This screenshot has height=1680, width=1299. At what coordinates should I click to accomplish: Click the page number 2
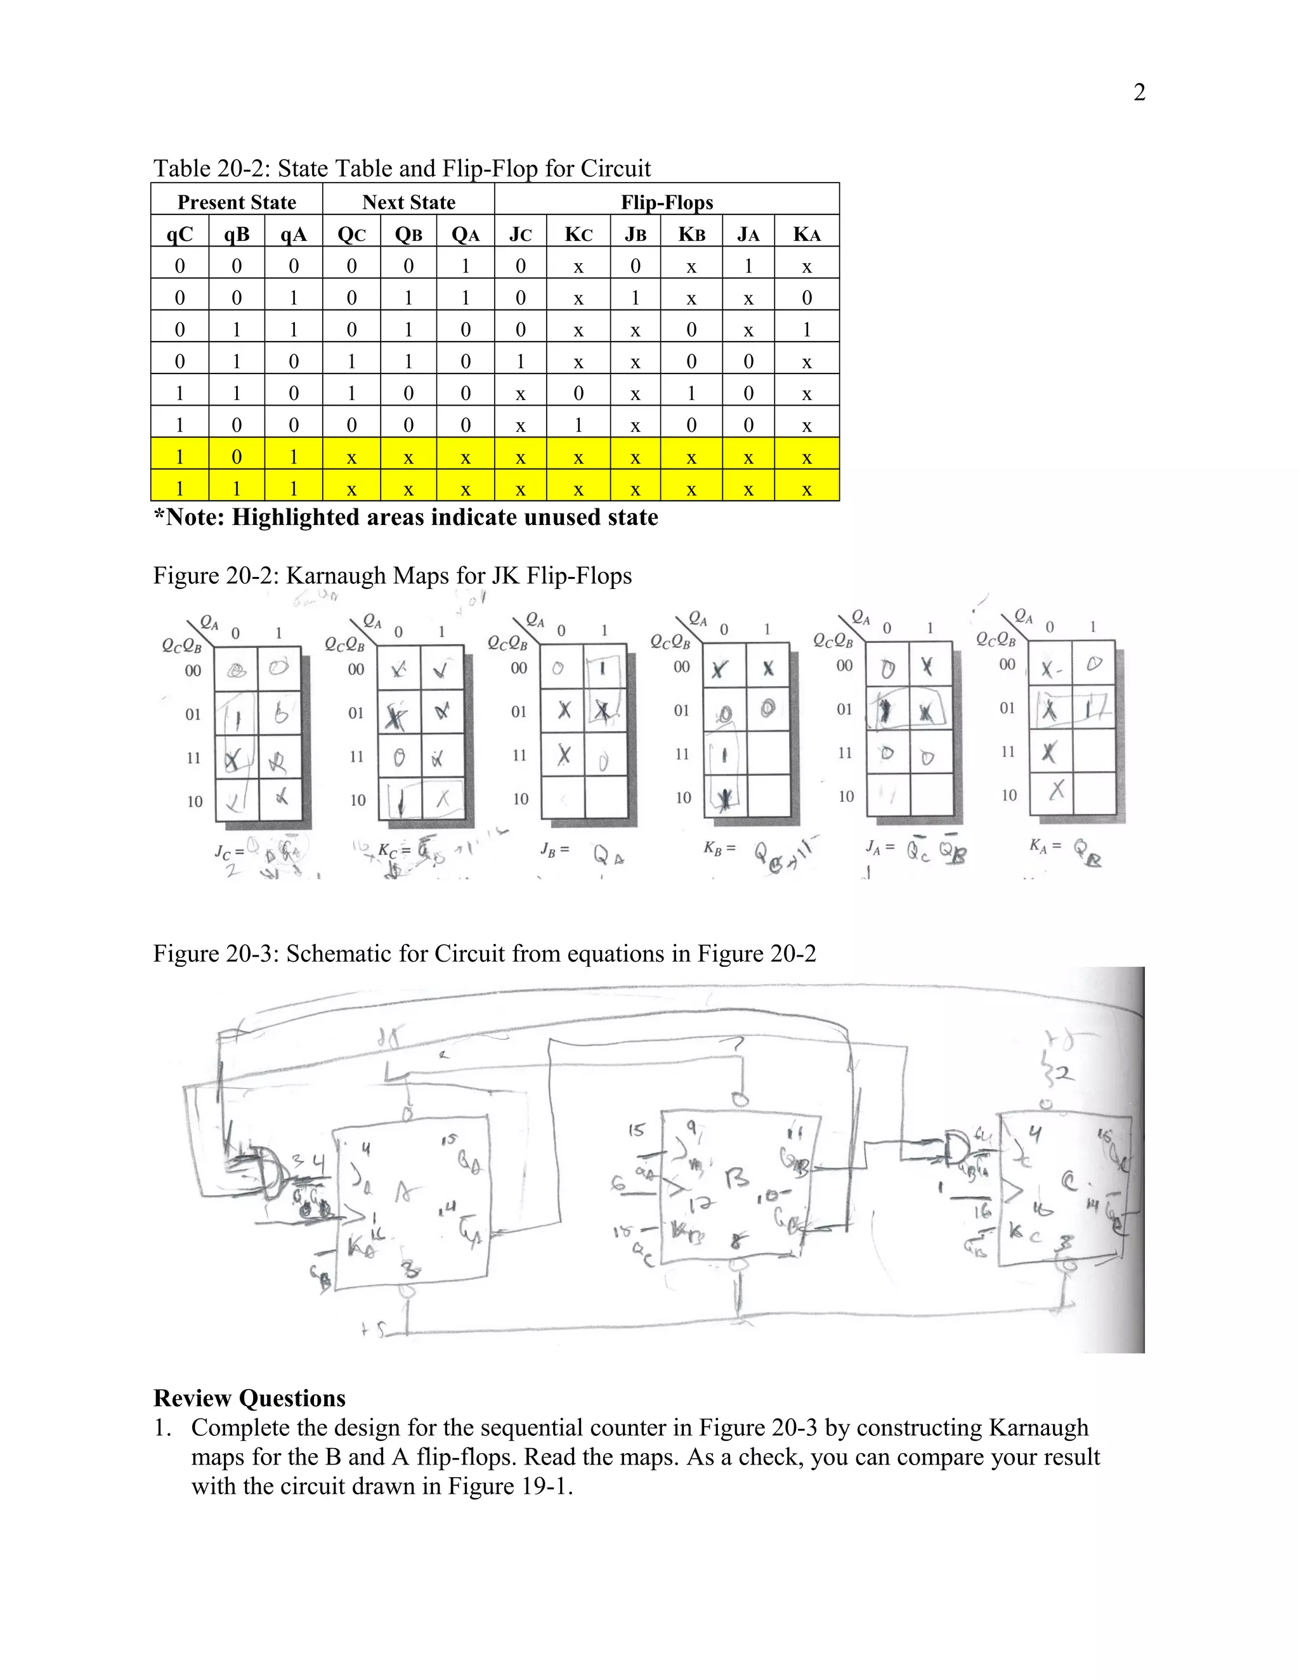[x=1139, y=93]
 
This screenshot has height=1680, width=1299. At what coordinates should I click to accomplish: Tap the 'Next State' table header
[x=408, y=202]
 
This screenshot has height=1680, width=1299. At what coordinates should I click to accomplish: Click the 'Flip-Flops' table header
[x=667, y=202]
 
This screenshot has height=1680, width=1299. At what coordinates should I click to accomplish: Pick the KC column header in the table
[x=578, y=235]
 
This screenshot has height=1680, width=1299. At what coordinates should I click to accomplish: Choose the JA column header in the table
[x=748, y=235]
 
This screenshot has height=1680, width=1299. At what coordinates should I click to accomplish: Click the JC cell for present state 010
[x=520, y=361]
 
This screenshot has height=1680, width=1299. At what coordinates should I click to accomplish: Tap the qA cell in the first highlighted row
[x=293, y=457]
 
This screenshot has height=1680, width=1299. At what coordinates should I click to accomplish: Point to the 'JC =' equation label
[x=228, y=851]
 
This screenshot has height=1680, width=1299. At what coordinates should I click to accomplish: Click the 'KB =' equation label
[x=719, y=848]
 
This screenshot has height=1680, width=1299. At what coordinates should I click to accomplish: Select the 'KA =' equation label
[x=1045, y=845]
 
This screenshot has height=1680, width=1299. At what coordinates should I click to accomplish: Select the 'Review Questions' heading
[x=249, y=1398]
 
